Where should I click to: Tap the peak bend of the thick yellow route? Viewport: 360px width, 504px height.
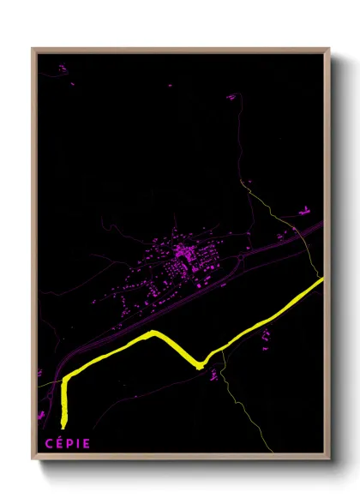pyautogui.click(x=153, y=333)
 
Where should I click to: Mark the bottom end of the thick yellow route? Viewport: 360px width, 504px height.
pyautogui.click(x=63, y=423)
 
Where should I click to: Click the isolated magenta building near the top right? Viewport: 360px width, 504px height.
pyautogui.click(x=231, y=97)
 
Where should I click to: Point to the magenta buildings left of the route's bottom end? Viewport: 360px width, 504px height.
pyautogui.click(x=41, y=416)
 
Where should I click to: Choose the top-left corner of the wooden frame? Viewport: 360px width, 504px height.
pyautogui.click(x=33, y=49)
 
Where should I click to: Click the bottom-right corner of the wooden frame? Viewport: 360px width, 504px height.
pyautogui.click(x=328, y=459)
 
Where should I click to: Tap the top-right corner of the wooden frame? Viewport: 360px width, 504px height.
pyautogui.click(x=328, y=49)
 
